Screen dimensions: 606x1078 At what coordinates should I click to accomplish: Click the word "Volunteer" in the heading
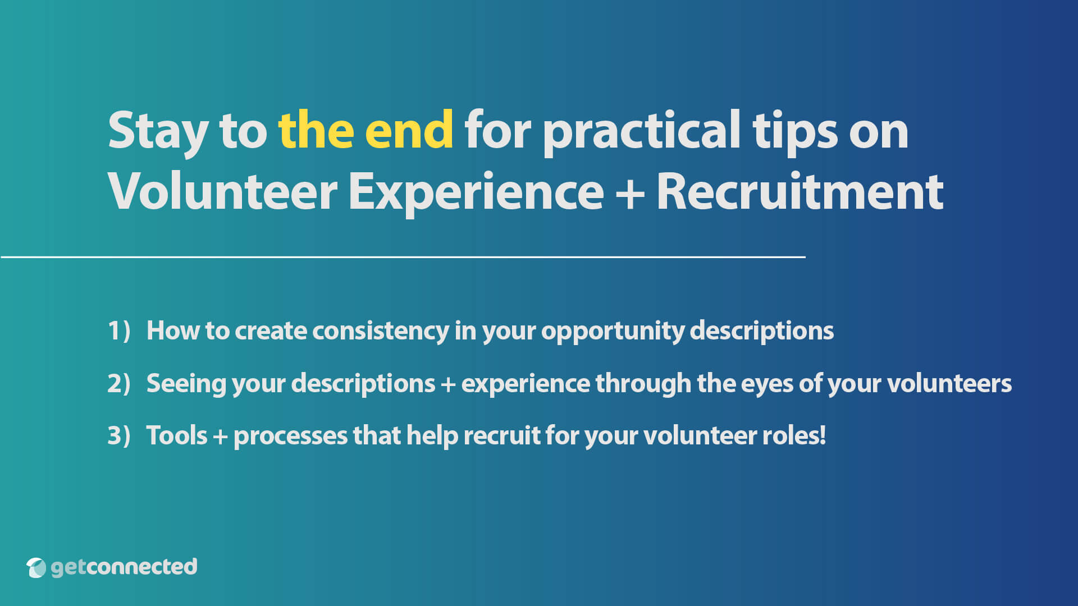pyautogui.click(x=222, y=192)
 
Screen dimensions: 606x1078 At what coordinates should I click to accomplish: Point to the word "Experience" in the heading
pyautogui.click(x=476, y=193)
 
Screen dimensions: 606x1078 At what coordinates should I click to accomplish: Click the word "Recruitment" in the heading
pyautogui.click(x=800, y=192)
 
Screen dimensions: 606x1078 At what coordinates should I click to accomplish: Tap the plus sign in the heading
pyautogui.click(x=630, y=193)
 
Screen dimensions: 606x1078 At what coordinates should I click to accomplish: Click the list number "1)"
pyautogui.click(x=119, y=330)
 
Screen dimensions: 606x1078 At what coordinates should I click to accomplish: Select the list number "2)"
pyautogui.click(x=119, y=383)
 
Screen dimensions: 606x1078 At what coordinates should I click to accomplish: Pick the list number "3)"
pyautogui.click(x=119, y=435)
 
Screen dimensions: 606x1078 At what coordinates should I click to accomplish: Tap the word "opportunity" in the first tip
pyautogui.click(x=613, y=331)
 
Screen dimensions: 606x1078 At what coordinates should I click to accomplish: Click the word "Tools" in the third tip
pyautogui.click(x=177, y=435)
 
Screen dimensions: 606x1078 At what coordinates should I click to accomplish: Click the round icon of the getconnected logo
pyautogui.click(x=36, y=567)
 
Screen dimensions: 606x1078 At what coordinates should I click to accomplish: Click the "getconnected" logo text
pyautogui.click(x=124, y=567)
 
